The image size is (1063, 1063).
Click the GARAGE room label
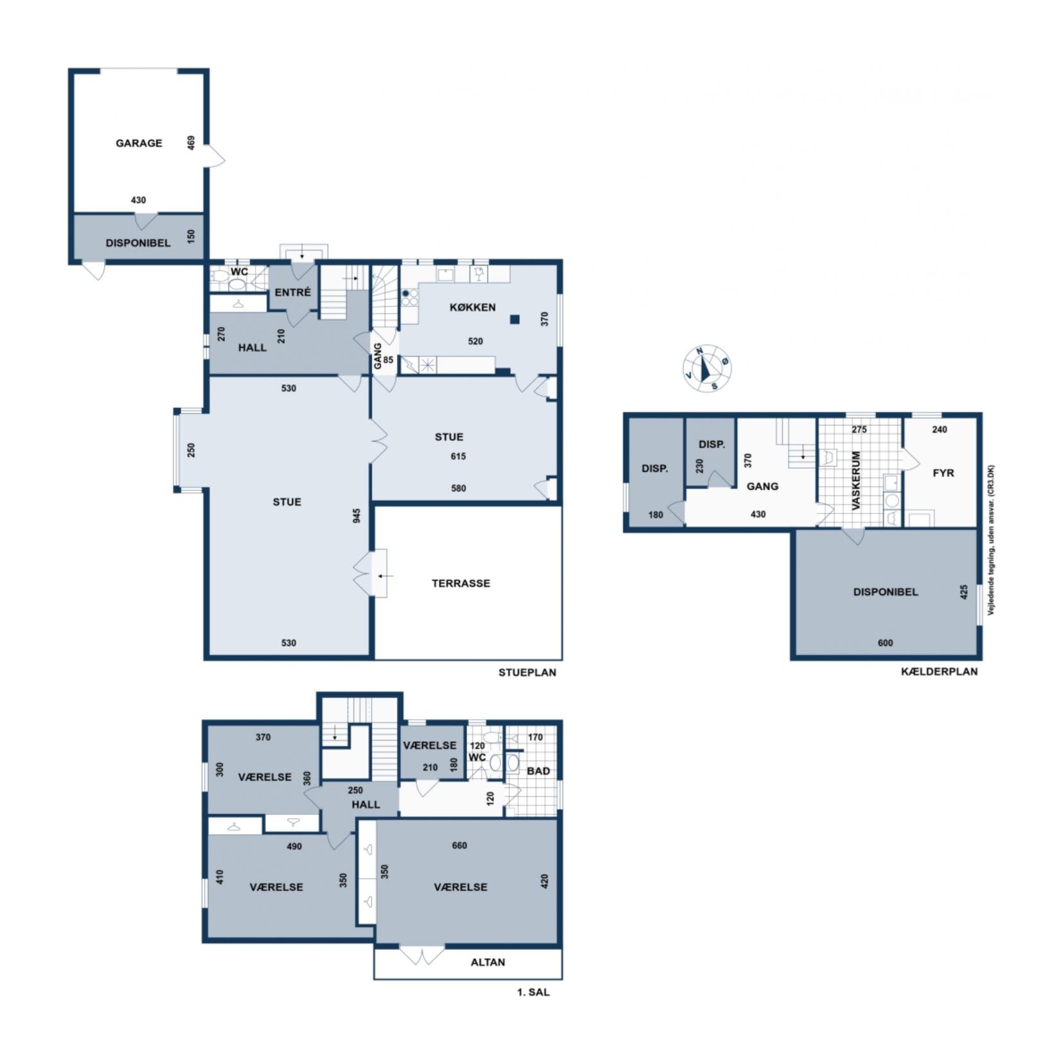[x=139, y=143]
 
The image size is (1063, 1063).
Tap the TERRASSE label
[x=461, y=584]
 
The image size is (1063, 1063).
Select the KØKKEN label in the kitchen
[x=472, y=307]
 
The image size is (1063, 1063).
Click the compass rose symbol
[x=707, y=368]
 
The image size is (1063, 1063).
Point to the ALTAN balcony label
[x=488, y=962]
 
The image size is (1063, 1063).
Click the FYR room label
[x=943, y=473]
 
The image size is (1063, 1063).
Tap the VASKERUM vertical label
[x=856, y=481]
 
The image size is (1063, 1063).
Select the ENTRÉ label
[x=292, y=292]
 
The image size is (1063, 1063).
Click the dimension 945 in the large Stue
[x=357, y=515]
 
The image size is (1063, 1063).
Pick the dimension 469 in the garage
[x=191, y=143]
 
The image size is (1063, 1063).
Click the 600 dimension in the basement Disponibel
[x=885, y=643]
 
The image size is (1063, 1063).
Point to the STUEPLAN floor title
[x=527, y=673]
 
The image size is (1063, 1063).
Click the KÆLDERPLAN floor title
[x=939, y=672]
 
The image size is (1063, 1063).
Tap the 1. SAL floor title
[x=533, y=992]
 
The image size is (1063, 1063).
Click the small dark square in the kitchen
[x=515, y=319]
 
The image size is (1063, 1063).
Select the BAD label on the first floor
[x=539, y=771]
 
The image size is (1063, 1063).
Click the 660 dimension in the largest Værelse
[x=460, y=846]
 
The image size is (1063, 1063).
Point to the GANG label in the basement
[x=762, y=487]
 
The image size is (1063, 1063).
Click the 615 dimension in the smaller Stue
[x=458, y=456]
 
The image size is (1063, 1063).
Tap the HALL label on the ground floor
[x=253, y=348]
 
